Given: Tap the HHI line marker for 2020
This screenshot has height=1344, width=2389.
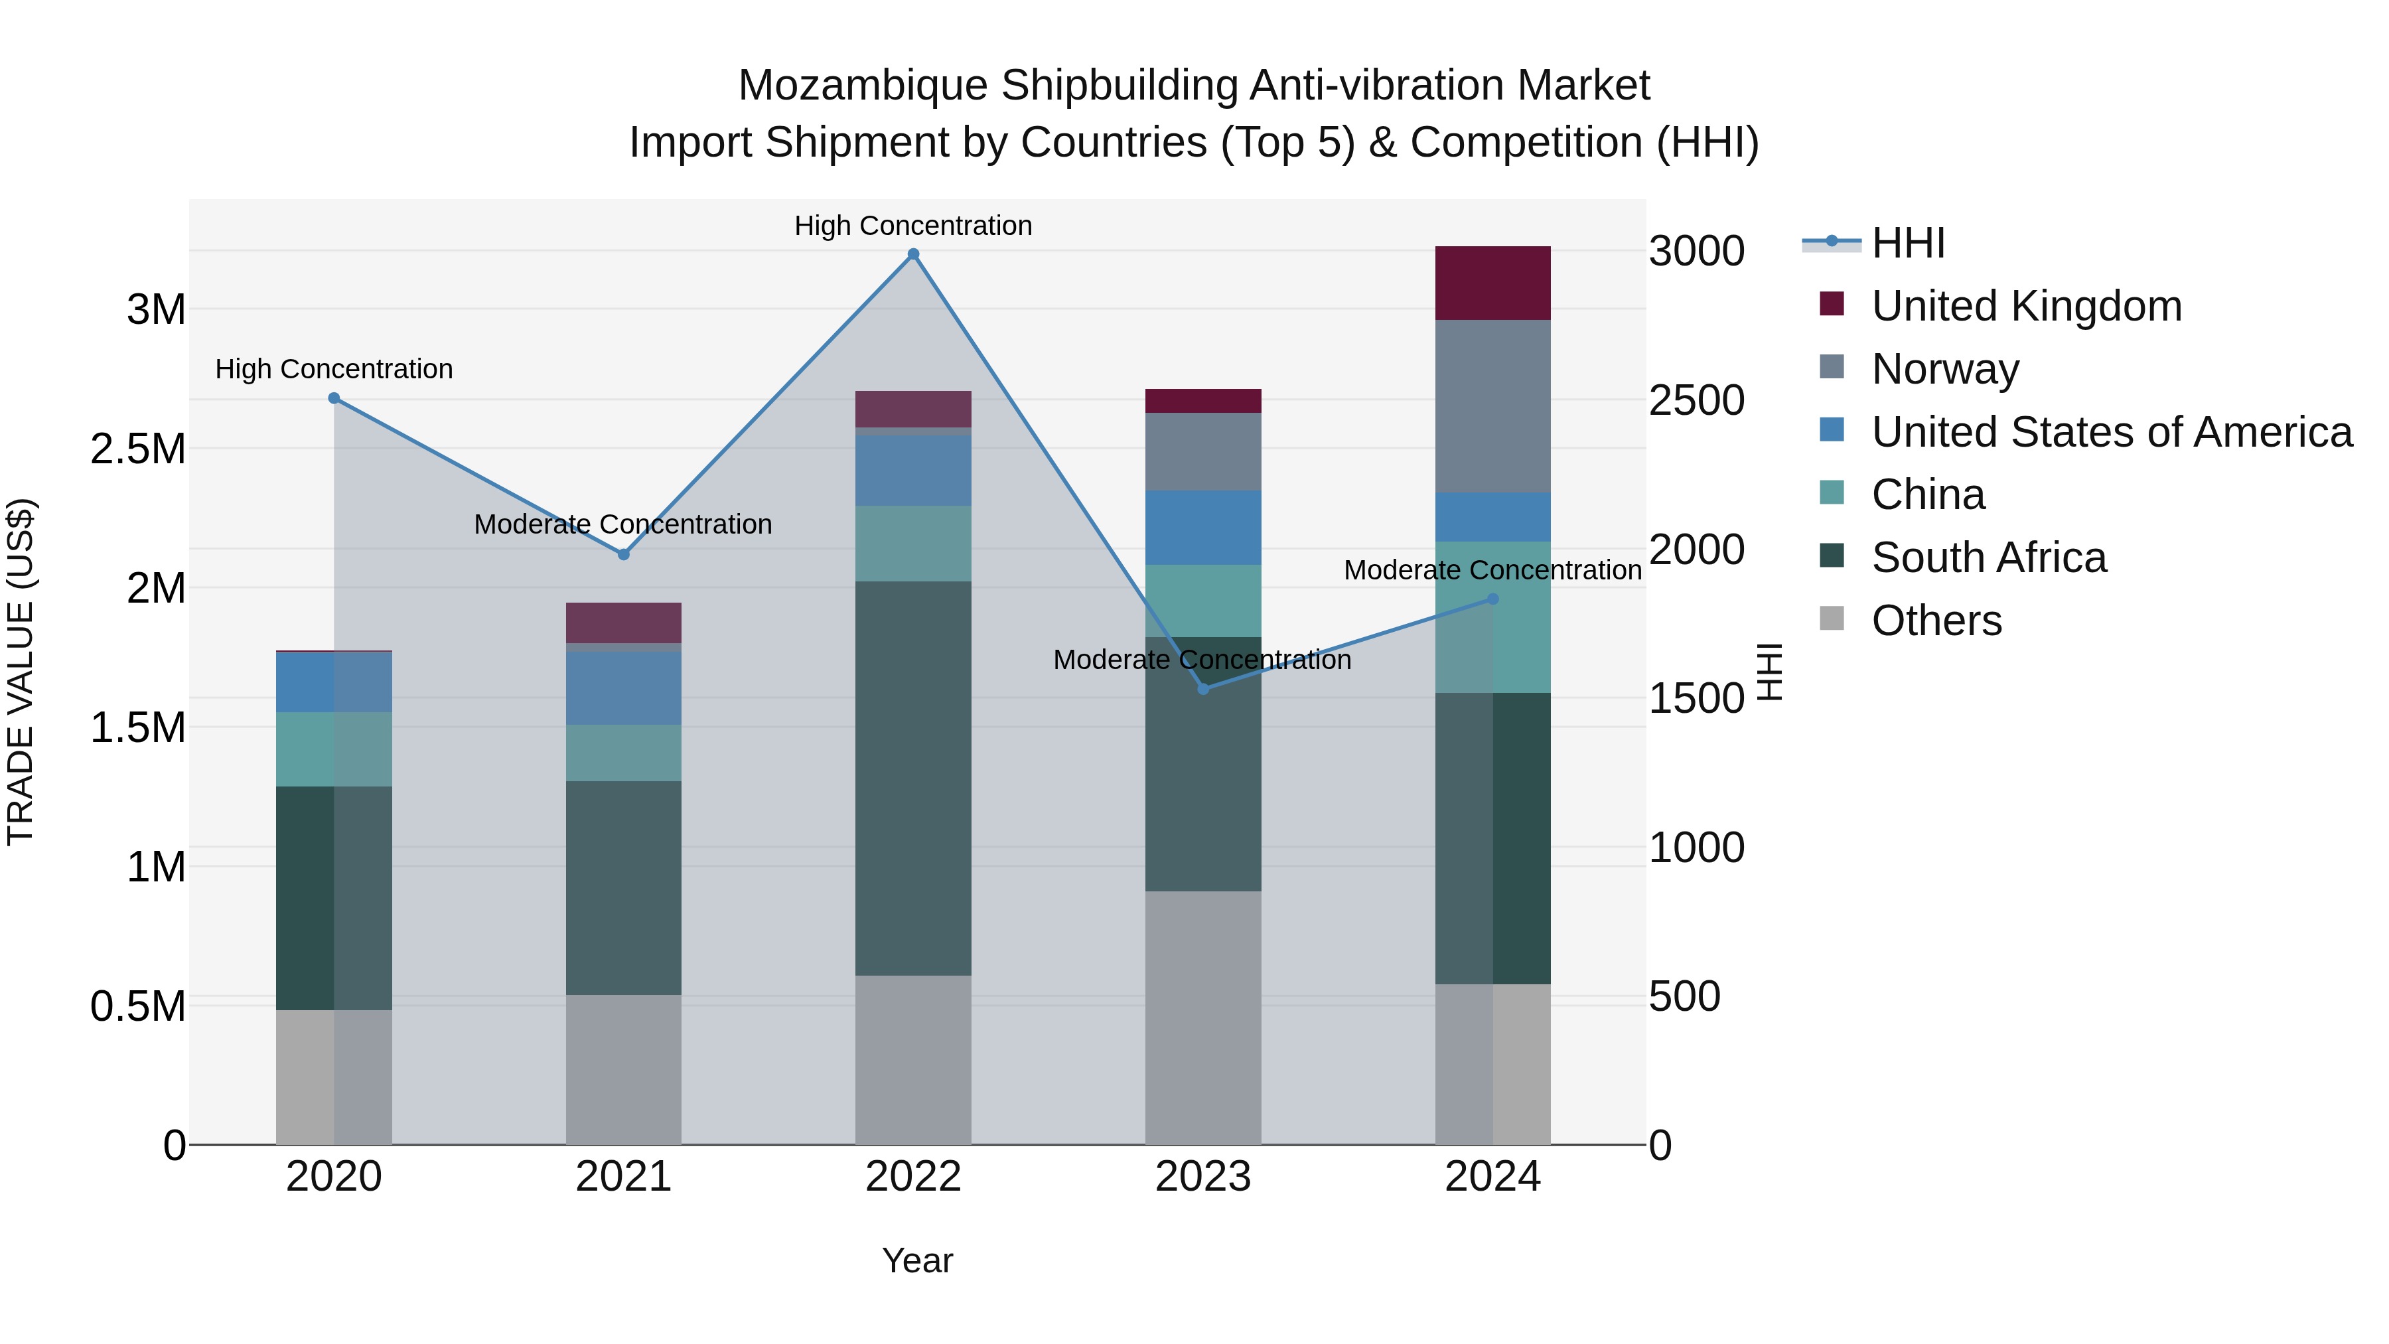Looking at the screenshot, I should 334,398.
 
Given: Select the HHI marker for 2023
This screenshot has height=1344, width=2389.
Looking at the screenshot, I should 1203,688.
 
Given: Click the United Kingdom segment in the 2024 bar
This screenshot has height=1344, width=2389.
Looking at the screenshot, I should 1492,283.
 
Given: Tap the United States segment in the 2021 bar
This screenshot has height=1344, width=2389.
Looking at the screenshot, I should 623,688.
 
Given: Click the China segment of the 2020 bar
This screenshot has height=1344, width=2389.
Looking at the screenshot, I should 334,749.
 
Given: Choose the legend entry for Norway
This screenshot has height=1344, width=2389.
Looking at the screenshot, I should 1945,369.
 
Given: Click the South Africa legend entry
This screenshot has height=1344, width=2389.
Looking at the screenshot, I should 1988,558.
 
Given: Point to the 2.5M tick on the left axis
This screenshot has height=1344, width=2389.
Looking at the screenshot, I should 137,449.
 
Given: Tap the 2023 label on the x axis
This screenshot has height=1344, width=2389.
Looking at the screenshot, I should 1203,1177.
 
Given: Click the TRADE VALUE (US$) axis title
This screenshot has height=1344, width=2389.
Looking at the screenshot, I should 21,672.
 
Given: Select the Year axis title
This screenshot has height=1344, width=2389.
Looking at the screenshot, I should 916,1260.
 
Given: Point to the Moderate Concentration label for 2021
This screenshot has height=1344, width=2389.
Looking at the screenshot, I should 622,524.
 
